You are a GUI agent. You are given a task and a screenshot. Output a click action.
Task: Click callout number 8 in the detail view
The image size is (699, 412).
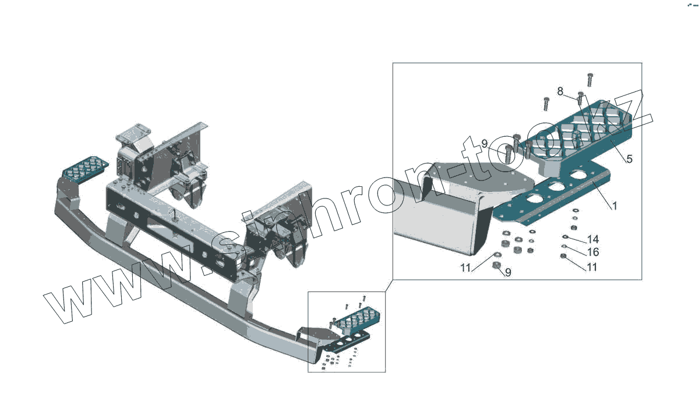pos(560,91)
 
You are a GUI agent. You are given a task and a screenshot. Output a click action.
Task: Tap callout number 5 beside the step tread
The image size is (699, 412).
pos(629,159)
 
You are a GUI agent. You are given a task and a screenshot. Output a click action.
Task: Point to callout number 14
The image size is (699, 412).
pos(593,239)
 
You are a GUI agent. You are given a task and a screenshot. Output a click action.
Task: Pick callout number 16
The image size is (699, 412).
pos(593,253)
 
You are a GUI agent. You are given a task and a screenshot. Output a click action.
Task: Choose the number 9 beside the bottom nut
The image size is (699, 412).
pos(508,272)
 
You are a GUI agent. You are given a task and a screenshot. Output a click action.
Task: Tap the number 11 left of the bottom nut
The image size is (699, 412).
pos(465,268)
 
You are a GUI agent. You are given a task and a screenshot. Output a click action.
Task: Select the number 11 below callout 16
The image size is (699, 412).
pos(592,268)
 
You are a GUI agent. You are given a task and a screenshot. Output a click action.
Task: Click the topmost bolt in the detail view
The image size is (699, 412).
pos(590,79)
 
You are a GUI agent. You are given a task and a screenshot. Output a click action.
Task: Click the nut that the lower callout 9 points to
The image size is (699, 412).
pos(496,266)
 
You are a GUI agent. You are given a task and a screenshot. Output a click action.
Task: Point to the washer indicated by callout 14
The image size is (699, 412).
pos(565,236)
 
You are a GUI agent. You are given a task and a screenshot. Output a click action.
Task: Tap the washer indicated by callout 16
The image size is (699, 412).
pos(563,247)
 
